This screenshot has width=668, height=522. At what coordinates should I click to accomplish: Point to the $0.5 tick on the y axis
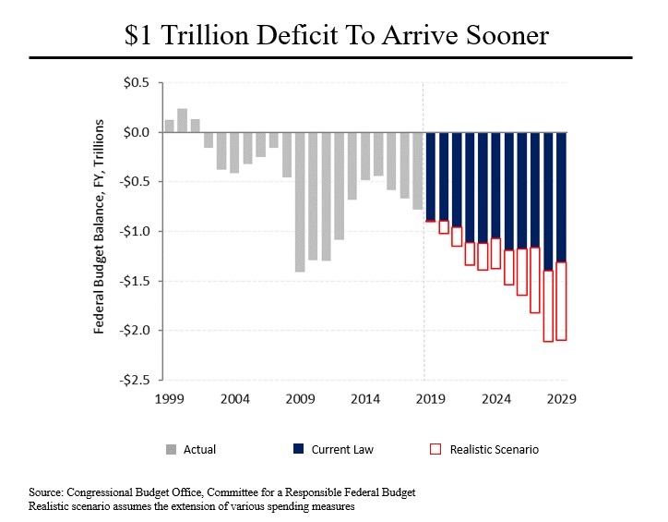tap(136, 83)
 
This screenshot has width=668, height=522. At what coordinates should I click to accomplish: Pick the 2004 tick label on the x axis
tap(234, 400)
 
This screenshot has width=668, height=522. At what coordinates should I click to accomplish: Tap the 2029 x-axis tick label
tap(562, 400)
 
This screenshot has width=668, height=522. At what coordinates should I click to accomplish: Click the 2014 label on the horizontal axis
tap(365, 400)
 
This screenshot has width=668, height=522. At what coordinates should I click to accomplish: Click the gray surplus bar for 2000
tap(182, 120)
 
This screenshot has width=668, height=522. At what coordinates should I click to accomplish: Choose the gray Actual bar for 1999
tap(169, 126)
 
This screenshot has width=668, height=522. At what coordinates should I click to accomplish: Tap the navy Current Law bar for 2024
tap(495, 185)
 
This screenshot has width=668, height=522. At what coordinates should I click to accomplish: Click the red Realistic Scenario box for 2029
tap(561, 300)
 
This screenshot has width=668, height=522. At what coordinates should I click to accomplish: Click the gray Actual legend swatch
tap(171, 450)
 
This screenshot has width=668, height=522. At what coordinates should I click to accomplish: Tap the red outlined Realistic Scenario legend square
tap(436, 450)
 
